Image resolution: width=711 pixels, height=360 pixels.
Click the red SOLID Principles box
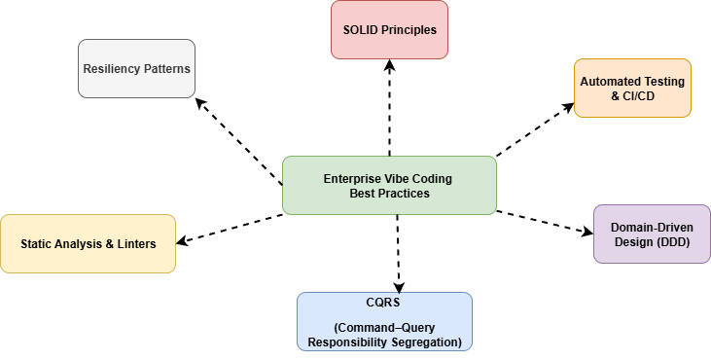click(389, 29)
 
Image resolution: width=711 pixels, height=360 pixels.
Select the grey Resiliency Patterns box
click(136, 68)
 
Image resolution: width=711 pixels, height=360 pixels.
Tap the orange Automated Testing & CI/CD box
click(632, 88)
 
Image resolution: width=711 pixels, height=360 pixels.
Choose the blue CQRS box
click(384, 321)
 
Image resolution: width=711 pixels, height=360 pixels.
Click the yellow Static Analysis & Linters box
click(88, 243)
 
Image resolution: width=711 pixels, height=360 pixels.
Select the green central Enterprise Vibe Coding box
click(389, 185)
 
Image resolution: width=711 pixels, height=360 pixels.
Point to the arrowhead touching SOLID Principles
click(389, 64)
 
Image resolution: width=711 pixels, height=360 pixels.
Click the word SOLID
click(359, 30)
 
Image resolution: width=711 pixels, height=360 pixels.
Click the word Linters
click(134, 244)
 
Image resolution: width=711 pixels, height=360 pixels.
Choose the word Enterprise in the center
click(352, 179)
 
